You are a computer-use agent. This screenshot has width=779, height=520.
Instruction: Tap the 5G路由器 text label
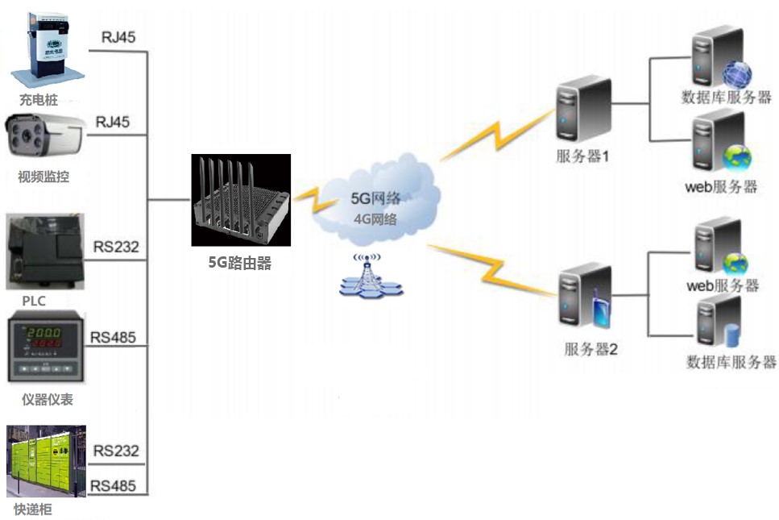(x=239, y=261)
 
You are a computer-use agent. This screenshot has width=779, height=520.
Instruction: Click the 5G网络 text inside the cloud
(x=375, y=198)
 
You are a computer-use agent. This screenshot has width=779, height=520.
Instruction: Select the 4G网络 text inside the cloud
(x=375, y=218)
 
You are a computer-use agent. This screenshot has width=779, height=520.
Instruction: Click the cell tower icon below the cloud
(x=368, y=277)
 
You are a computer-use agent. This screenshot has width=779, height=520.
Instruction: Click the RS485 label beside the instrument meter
(x=114, y=336)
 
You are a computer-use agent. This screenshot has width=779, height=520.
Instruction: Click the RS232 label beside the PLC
(x=116, y=246)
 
